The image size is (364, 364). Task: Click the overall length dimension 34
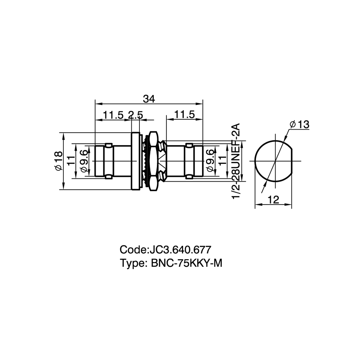(149, 99)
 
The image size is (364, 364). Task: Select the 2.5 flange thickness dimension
(135, 115)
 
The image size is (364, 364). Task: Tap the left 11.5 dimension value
(113, 115)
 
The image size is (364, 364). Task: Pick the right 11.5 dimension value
(185, 115)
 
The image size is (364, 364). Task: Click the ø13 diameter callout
(300, 124)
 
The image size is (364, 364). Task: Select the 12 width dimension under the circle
(273, 199)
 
